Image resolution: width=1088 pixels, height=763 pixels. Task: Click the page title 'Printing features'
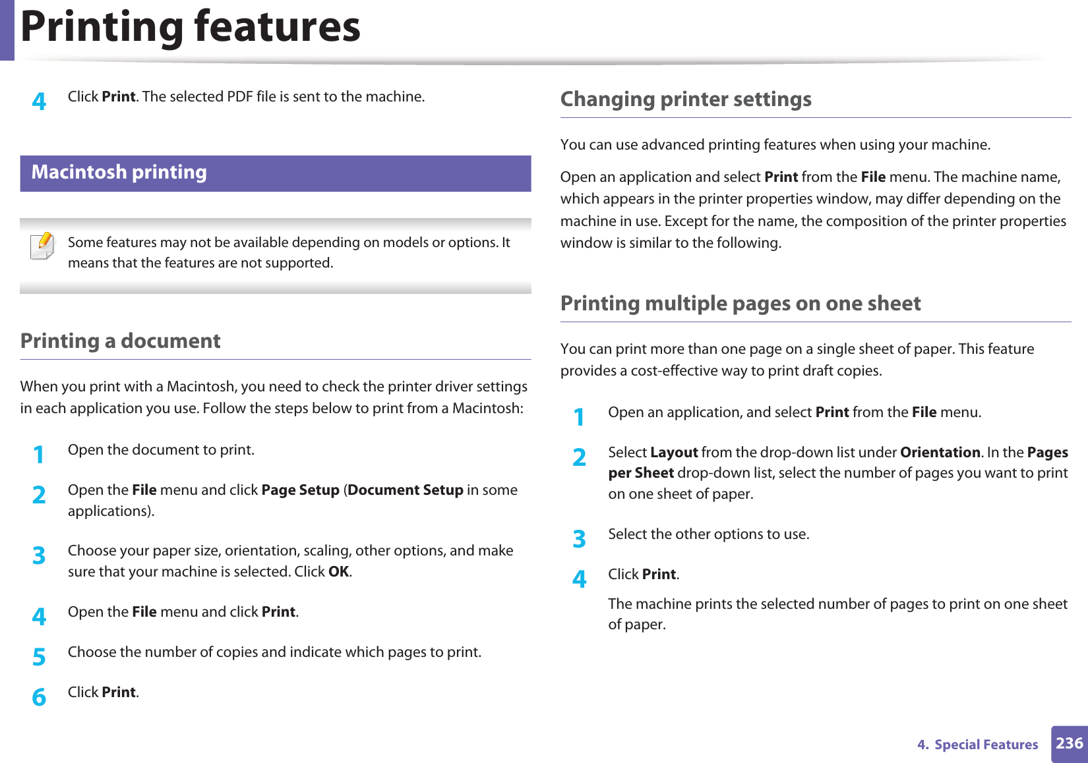tap(191, 27)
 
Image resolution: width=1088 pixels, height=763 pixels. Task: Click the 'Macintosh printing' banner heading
tap(119, 173)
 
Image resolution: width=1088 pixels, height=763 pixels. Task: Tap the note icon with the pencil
tap(43, 246)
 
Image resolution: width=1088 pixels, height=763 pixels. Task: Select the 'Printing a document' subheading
tap(121, 341)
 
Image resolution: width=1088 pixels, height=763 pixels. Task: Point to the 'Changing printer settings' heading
tap(686, 99)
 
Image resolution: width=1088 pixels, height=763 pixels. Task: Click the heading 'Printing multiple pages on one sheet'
tap(740, 304)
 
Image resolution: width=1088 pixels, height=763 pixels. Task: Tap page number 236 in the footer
tap(1069, 744)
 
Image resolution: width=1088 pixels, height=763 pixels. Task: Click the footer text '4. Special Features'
tap(977, 745)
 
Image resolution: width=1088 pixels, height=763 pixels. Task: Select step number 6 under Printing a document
tap(40, 696)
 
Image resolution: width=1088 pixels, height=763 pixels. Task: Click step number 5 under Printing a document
tap(40, 656)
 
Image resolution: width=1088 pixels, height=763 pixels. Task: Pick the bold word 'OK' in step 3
tap(338, 572)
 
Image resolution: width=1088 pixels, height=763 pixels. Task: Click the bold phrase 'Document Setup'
tap(406, 490)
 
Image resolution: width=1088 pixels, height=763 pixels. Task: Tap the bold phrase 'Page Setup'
tap(300, 490)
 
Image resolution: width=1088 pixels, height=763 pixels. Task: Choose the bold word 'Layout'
tap(674, 453)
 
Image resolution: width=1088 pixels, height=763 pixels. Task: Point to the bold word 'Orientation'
tap(940, 453)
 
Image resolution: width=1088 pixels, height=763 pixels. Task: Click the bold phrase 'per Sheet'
tap(641, 473)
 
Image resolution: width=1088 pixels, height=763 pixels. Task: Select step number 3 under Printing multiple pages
tap(579, 538)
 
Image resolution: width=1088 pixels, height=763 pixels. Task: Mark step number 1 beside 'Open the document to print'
tap(40, 454)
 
